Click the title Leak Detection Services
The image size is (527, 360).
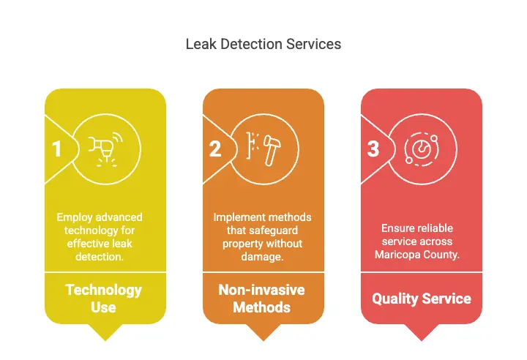tap(263, 45)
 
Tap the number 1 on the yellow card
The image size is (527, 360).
tap(56, 149)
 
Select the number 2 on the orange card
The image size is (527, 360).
tap(214, 149)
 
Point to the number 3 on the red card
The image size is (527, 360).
tap(373, 149)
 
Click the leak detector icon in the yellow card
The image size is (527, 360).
tap(105, 148)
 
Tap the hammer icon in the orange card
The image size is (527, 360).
tap(263, 148)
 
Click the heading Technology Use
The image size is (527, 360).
tap(104, 298)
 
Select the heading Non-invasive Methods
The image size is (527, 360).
tap(262, 298)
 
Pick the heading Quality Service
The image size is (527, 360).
tap(421, 299)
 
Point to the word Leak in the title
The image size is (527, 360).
tap(198, 45)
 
